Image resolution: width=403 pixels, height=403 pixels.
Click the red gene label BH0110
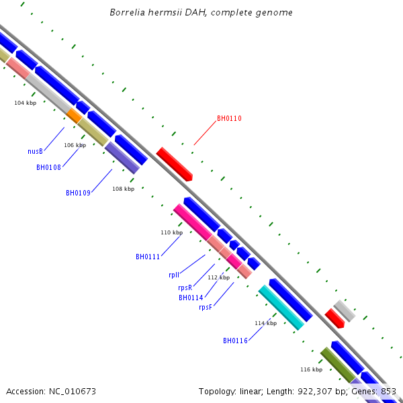click(229, 119)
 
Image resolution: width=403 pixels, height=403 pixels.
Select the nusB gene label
click(35, 152)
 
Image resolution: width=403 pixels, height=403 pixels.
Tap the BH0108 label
click(49, 167)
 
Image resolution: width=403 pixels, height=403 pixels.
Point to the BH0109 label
click(79, 193)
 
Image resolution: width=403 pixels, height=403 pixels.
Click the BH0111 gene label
click(148, 257)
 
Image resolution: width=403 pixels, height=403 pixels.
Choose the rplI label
click(174, 275)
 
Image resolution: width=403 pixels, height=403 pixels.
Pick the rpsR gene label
click(185, 287)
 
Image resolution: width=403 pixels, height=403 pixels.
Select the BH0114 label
click(191, 298)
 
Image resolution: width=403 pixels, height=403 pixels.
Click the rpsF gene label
click(206, 308)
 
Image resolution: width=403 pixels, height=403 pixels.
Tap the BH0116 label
click(235, 341)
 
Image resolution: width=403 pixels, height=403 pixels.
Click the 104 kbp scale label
click(26, 103)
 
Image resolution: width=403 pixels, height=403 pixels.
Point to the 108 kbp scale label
click(124, 189)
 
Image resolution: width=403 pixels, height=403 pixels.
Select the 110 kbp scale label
click(171, 232)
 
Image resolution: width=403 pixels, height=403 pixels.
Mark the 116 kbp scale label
click(311, 369)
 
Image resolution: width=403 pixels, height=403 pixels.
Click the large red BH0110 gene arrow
click(175, 164)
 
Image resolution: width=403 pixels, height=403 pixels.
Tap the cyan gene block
click(281, 308)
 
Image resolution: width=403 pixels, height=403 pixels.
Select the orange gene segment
click(74, 116)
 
